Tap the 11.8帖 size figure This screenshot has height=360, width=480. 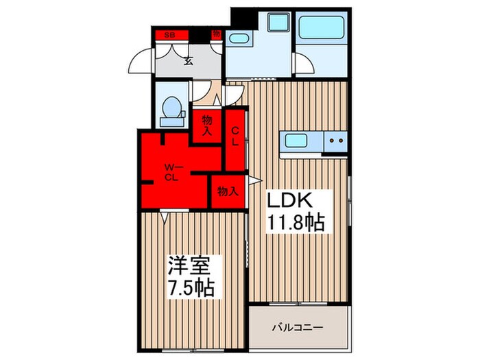296,223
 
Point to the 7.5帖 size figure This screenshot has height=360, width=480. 193,287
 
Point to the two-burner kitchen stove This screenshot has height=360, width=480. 335,142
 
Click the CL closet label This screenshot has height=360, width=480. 235,136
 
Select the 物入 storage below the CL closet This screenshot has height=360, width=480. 227,192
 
